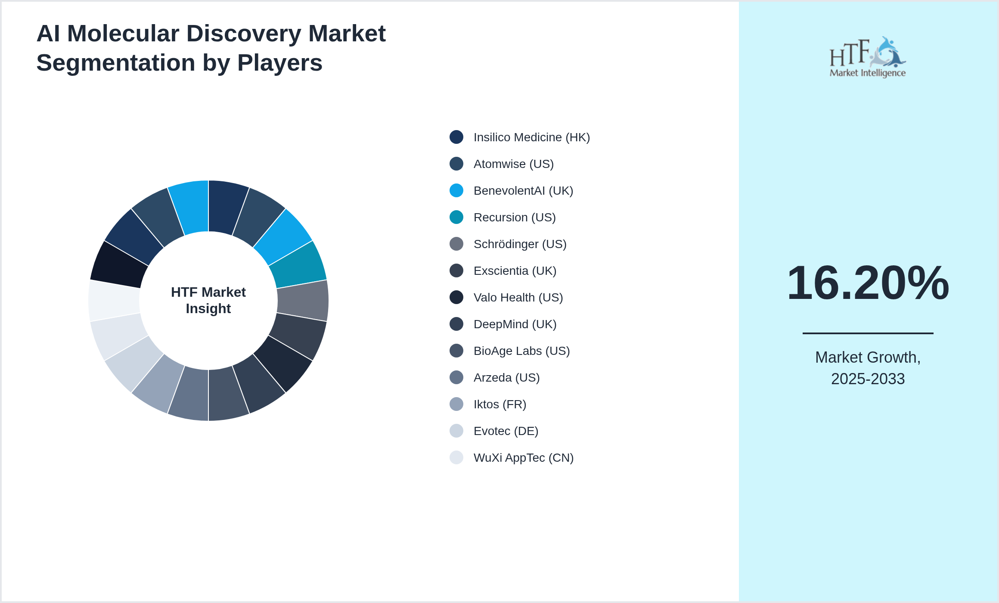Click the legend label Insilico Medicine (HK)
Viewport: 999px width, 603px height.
531,137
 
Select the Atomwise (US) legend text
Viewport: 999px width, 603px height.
513,164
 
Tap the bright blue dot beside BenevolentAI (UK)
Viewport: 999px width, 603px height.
456,190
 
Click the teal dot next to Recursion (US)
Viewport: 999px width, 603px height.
456,217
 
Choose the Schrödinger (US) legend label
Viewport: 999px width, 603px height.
520,244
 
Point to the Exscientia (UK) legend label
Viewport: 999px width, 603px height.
515,271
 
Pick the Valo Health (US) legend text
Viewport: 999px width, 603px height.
518,298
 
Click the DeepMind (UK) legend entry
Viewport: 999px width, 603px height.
515,324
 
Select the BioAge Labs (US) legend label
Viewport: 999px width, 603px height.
521,351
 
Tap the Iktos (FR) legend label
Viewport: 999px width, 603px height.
499,404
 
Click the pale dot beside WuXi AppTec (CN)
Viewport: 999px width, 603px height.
456,457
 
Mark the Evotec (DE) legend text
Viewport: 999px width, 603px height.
506,431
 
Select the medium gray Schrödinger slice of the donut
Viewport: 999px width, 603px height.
303,301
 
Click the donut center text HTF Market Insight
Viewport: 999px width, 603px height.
208,300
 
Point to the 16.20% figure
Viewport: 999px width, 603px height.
868,283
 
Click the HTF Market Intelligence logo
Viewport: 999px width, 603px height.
868,57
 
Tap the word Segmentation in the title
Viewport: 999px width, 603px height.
115,63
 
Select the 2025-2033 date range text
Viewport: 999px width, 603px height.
868,379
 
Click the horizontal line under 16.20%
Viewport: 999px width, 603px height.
868,333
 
